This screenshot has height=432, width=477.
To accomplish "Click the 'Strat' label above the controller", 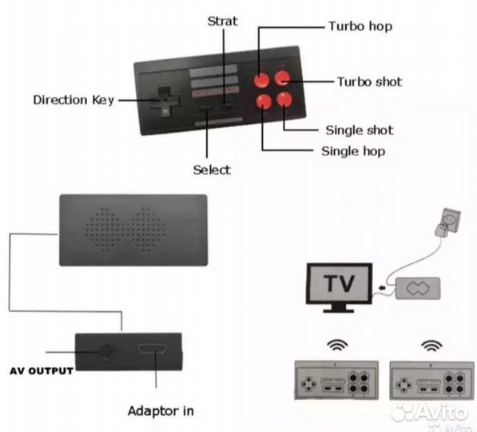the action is [x=222, y=22].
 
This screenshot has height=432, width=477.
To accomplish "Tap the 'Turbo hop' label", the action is [x=360, y=26].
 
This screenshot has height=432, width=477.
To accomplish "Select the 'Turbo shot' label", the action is [x=370, y=82].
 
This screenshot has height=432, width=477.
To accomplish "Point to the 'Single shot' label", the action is [x=360, y=130].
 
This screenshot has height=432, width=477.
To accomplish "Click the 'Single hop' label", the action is [x=353, y=151].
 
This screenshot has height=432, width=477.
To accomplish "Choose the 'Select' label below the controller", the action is [x=212, y=170].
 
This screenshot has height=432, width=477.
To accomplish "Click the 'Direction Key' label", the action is [x=74, y=100].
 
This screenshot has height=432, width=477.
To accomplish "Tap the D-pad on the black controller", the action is [x=165, y=101].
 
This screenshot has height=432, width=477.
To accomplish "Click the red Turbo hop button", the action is [x=261, y=80].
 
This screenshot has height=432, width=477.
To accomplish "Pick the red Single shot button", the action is [x=284, y=99].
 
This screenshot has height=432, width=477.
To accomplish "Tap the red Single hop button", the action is [x=264, y=102].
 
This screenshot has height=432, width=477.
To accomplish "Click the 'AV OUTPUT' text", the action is [x=42, y=370].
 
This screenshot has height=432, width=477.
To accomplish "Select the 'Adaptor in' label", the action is [x=161, y=411].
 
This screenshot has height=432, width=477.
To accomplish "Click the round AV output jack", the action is [x=106, y=351].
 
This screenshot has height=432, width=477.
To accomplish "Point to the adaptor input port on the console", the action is [x=152, y=348].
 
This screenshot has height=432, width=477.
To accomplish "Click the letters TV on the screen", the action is [x=339, y=283].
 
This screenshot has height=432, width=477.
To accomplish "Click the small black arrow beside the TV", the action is [x=382, y=287].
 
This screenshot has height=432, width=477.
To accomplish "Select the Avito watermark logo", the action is [x=430, y=413].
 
